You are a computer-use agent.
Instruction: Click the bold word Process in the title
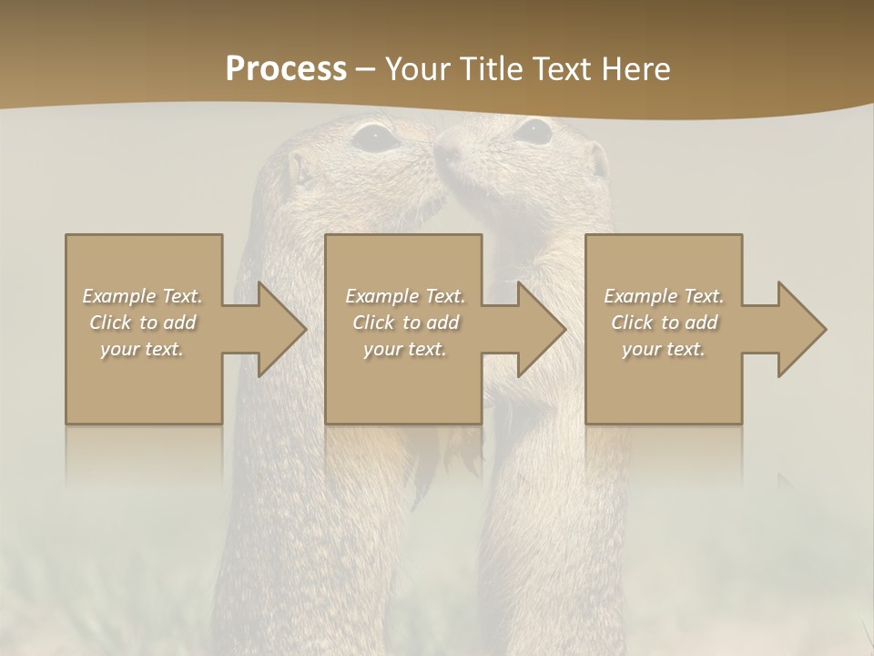tap(286, 68)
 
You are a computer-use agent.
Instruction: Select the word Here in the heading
tap(635, 68)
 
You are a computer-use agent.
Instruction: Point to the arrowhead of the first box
tap(282, 329)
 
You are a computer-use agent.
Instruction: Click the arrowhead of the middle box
tap(543, 329)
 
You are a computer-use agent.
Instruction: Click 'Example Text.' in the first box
tap(142, 296)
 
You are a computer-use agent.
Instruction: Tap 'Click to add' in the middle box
tap(405, 323)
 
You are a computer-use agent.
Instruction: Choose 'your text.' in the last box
tap(663, 349)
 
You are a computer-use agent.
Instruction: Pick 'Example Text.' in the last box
tap(664, 296)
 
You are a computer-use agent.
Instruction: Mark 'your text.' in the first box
tap(142, 349)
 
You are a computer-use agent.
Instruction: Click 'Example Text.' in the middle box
tap(405, 296)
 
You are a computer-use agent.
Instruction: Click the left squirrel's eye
tap(374, 138)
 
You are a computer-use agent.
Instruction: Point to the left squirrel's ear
tap(299, 169)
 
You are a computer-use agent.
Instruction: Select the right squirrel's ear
tap(598, 160)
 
